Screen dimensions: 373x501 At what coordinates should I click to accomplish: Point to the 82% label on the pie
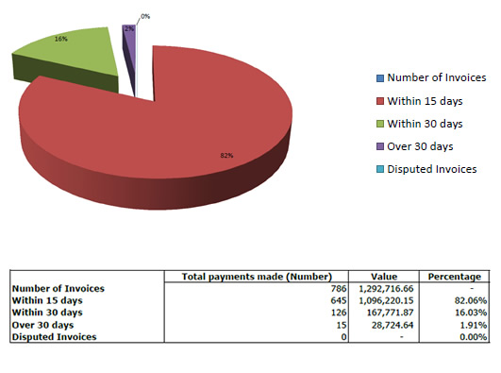[x=226, y=156]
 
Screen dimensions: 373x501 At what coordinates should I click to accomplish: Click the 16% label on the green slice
[x=60, y=40]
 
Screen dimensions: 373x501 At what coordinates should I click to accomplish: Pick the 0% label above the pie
[x=145, y=16]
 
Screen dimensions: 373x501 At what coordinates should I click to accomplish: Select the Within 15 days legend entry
[x=422, y=100]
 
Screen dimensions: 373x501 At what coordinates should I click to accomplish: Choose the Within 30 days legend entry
[x=422, y=124]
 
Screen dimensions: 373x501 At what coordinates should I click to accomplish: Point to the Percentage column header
[x=457, y=277]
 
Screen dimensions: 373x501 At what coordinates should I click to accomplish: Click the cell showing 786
[x=340, y=288]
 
